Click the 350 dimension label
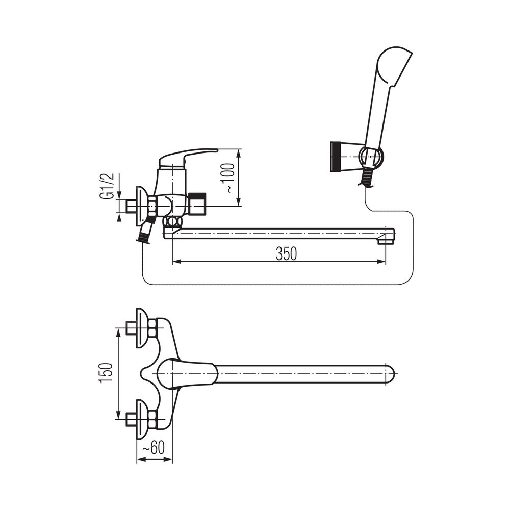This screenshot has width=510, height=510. (286, 253)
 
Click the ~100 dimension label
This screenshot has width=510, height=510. (229, 178)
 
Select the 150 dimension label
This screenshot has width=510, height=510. (107, 373)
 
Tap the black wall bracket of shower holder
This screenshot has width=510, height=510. (335, 157)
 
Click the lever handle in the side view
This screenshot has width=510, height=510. (187, 158)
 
